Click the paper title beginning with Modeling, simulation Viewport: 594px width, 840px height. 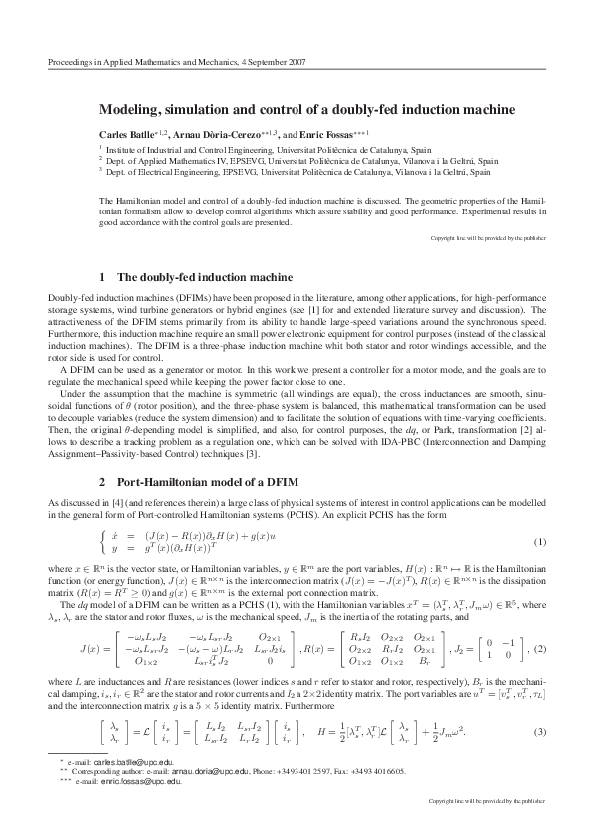click(x=297, y=108)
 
